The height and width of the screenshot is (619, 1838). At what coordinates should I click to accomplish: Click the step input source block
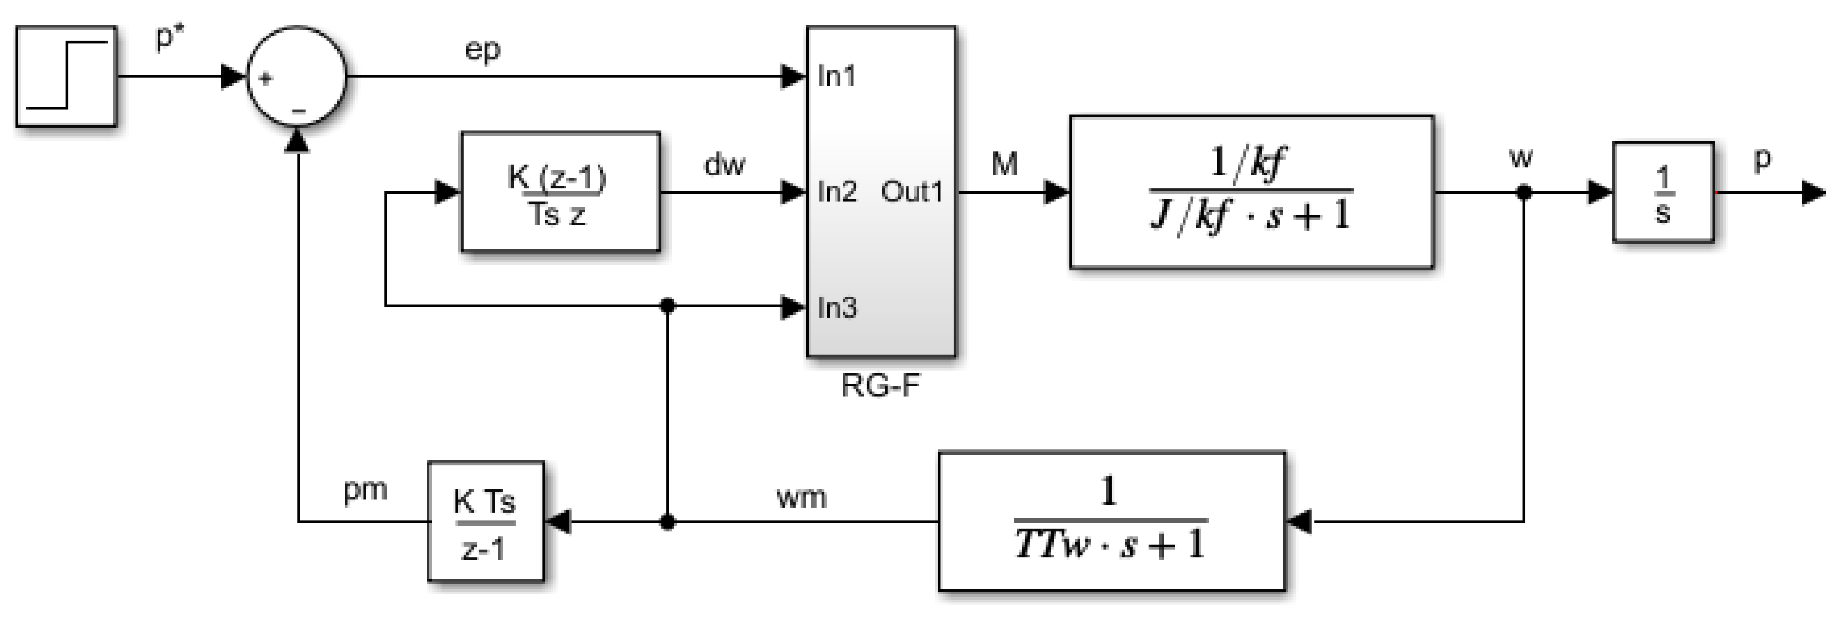66,76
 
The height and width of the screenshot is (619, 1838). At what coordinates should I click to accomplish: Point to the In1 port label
837,75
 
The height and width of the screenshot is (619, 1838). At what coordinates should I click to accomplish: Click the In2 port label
837,191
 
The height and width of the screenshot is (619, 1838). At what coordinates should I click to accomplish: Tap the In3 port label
837,308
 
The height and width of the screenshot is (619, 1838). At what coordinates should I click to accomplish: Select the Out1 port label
912,191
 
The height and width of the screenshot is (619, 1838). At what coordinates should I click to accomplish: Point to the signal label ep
482,50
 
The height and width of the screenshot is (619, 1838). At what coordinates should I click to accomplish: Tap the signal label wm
801,496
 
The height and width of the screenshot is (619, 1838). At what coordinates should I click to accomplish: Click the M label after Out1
1005,165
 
